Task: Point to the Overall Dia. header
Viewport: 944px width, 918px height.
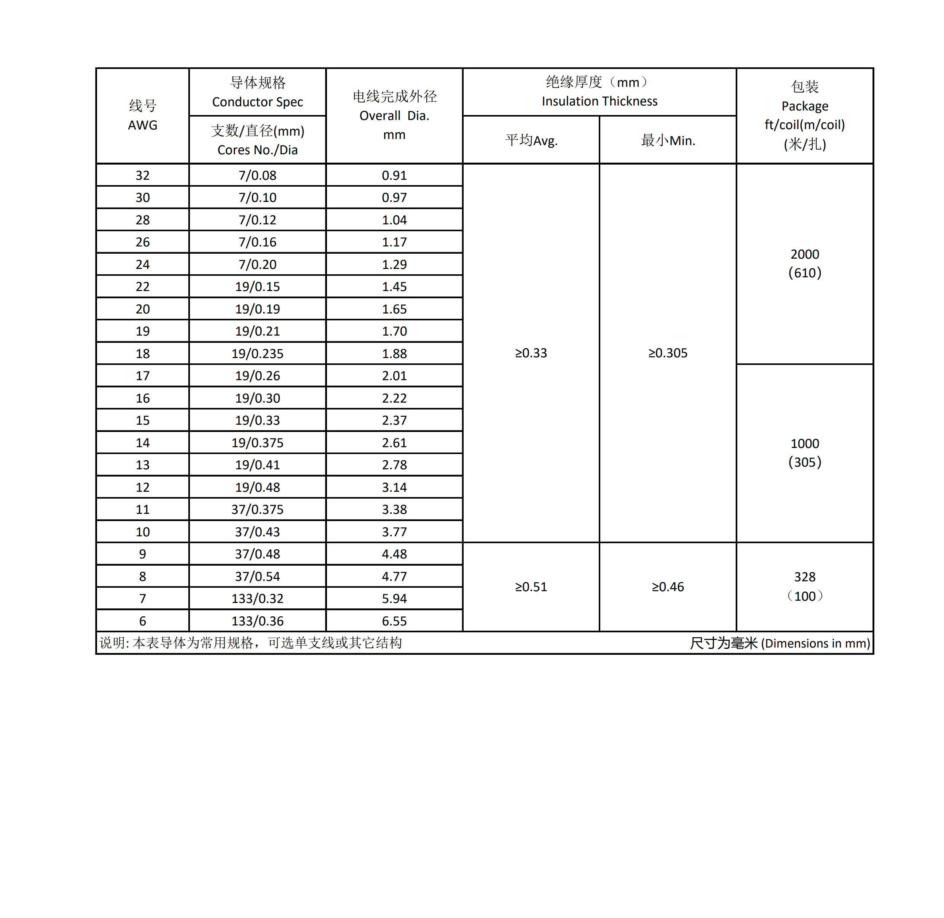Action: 394,116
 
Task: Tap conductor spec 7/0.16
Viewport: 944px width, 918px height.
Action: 257,242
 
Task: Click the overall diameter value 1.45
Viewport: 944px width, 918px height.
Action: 394,287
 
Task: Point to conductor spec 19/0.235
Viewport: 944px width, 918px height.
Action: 257,354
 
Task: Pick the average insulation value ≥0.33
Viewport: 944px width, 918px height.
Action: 531,353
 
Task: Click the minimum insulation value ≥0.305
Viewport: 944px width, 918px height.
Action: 668,353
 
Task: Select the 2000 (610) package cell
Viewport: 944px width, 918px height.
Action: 804,263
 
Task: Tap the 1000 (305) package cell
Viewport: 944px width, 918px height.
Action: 804,453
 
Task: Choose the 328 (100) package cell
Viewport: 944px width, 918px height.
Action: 804,586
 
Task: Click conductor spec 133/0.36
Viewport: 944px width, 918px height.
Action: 257,621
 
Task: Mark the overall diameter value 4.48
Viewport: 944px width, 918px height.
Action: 394,554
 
